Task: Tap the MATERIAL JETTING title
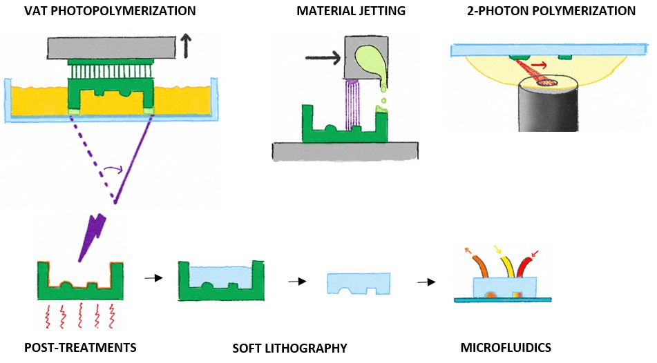[350, 11]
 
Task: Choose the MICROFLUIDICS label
[506, 347]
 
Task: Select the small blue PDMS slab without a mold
[357, 283]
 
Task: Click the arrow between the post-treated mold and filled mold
[153, 278]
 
